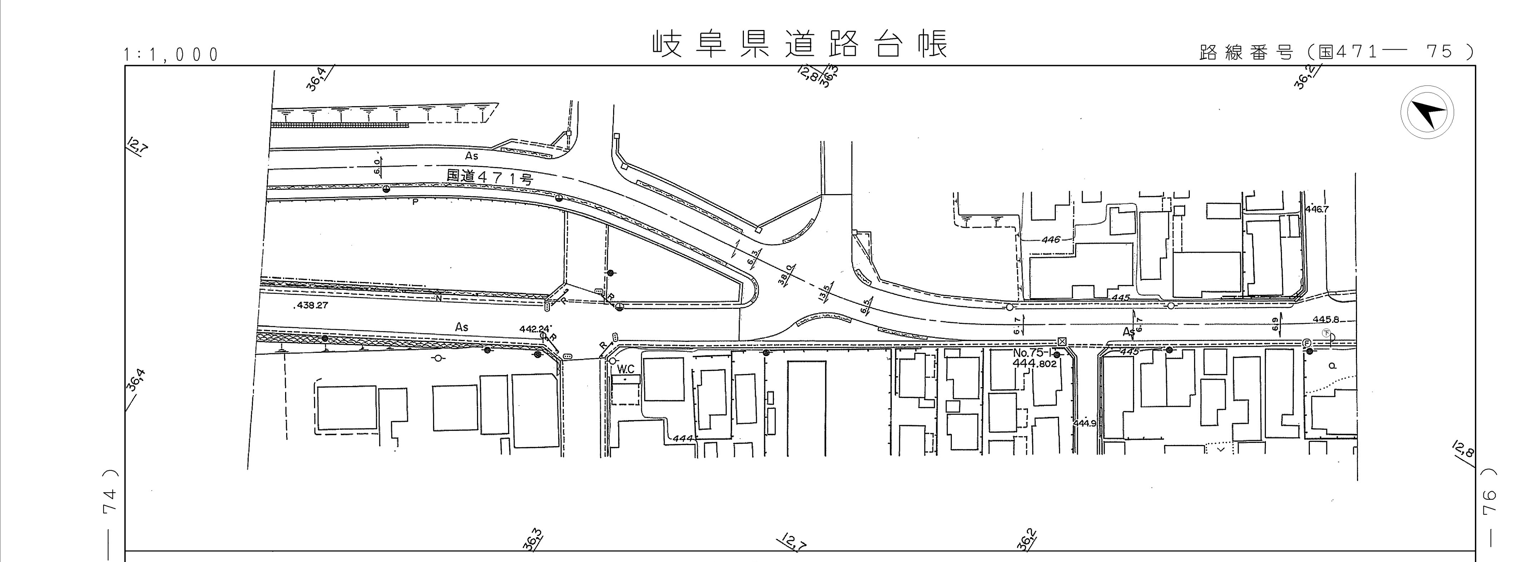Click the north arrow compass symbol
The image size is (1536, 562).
1427,113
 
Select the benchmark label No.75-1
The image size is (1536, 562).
1034,353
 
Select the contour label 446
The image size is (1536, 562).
1051,240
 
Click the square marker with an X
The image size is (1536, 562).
1062,341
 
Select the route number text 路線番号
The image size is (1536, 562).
1246,53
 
